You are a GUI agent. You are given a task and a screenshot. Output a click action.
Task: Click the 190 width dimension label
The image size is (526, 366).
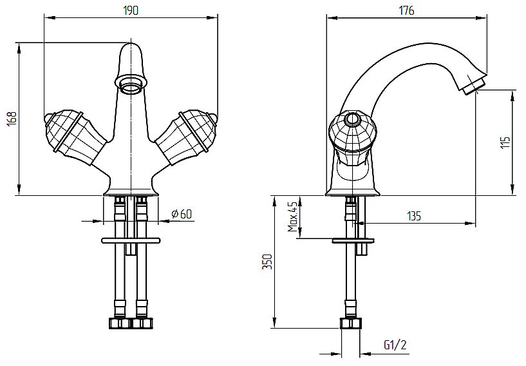[131, 10]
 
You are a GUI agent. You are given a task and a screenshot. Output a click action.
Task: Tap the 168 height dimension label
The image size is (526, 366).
[12, 119]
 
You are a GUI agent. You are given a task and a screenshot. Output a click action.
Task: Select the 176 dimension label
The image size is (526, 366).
[407, 10]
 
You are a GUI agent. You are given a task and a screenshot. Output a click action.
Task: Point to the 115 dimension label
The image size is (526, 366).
[505, 142]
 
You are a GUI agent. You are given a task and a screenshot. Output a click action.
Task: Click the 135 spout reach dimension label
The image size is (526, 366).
[414, 216]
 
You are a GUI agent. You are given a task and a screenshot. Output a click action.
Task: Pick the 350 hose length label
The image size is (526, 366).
[267, 262]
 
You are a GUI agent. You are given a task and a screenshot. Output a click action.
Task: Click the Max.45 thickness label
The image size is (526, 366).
[292, 217]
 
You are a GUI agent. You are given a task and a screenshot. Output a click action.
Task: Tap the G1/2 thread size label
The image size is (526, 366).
[395, 345]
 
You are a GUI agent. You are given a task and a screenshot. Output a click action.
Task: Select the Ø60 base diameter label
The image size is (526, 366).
[182, 214]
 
